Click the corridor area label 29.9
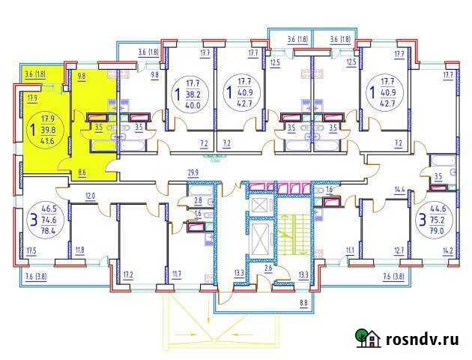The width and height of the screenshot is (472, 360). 193,172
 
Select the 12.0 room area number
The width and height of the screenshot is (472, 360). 90,196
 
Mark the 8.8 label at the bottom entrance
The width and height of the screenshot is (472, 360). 303,303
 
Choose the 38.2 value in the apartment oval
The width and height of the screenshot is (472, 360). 194,94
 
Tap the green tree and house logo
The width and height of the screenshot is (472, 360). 367,338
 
